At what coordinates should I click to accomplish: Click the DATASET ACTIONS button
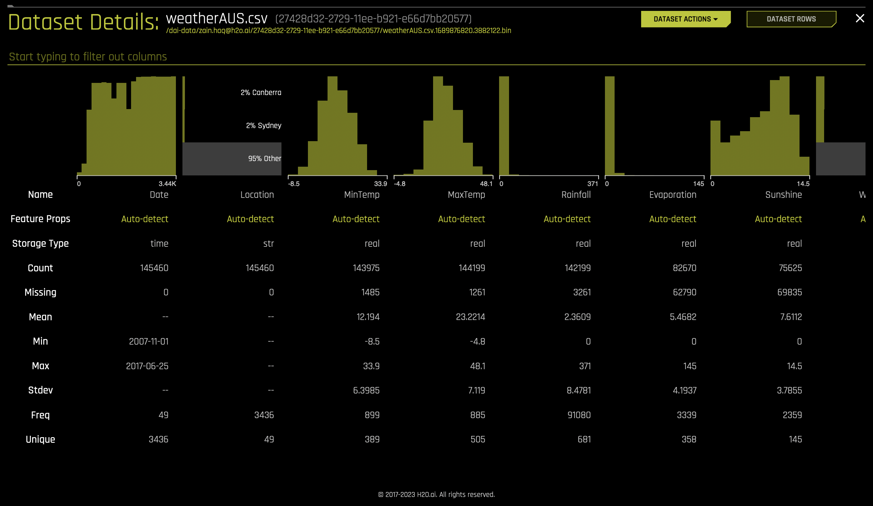tap(685, 19)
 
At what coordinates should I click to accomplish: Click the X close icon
tap(860, 18)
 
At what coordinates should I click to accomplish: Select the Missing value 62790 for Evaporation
tap(684, 292)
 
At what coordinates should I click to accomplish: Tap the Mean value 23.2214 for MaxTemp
tap(470, 317)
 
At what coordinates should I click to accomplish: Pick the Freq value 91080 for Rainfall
tap(578, 415)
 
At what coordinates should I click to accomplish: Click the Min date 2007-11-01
tap(149, 341)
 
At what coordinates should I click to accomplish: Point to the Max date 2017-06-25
tap(147, 366)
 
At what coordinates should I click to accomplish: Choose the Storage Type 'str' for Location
tap(268, 244)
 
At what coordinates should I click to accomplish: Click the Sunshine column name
tap(783, 195)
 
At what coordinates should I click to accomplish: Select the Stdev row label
tap(40, 390)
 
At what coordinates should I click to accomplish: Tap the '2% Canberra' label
tap(261, 93)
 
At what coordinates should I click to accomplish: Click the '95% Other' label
tap(265, 158)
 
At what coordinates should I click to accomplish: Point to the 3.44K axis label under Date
tap(167, 184)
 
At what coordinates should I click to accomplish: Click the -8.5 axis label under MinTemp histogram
tap(294, 184)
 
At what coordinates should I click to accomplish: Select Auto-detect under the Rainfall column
tap(567, 219)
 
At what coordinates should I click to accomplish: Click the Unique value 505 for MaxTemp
tap(477, 439)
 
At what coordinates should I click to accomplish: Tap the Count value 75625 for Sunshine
tap(790, 268)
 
